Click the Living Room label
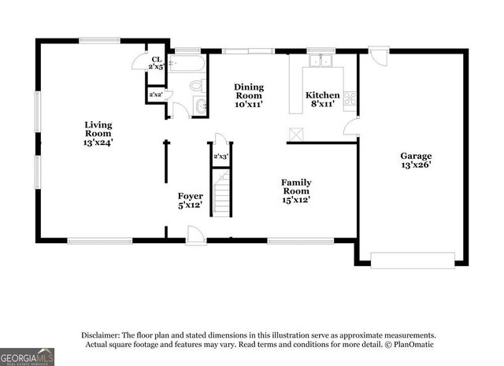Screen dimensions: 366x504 98,133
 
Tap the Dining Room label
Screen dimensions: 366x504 248,95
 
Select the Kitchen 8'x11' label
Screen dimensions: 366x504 323,99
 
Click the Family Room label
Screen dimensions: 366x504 296,190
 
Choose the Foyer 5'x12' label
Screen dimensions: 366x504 190,201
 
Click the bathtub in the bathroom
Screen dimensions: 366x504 188,62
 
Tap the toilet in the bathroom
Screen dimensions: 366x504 196,86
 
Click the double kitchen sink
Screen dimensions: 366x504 321,61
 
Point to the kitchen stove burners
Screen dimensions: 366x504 350,98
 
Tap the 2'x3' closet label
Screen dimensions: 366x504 220,157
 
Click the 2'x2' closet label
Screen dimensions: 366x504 156,95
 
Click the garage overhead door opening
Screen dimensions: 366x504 413,260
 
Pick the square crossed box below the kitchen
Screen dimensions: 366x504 295,135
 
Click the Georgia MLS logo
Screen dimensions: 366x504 28,357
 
